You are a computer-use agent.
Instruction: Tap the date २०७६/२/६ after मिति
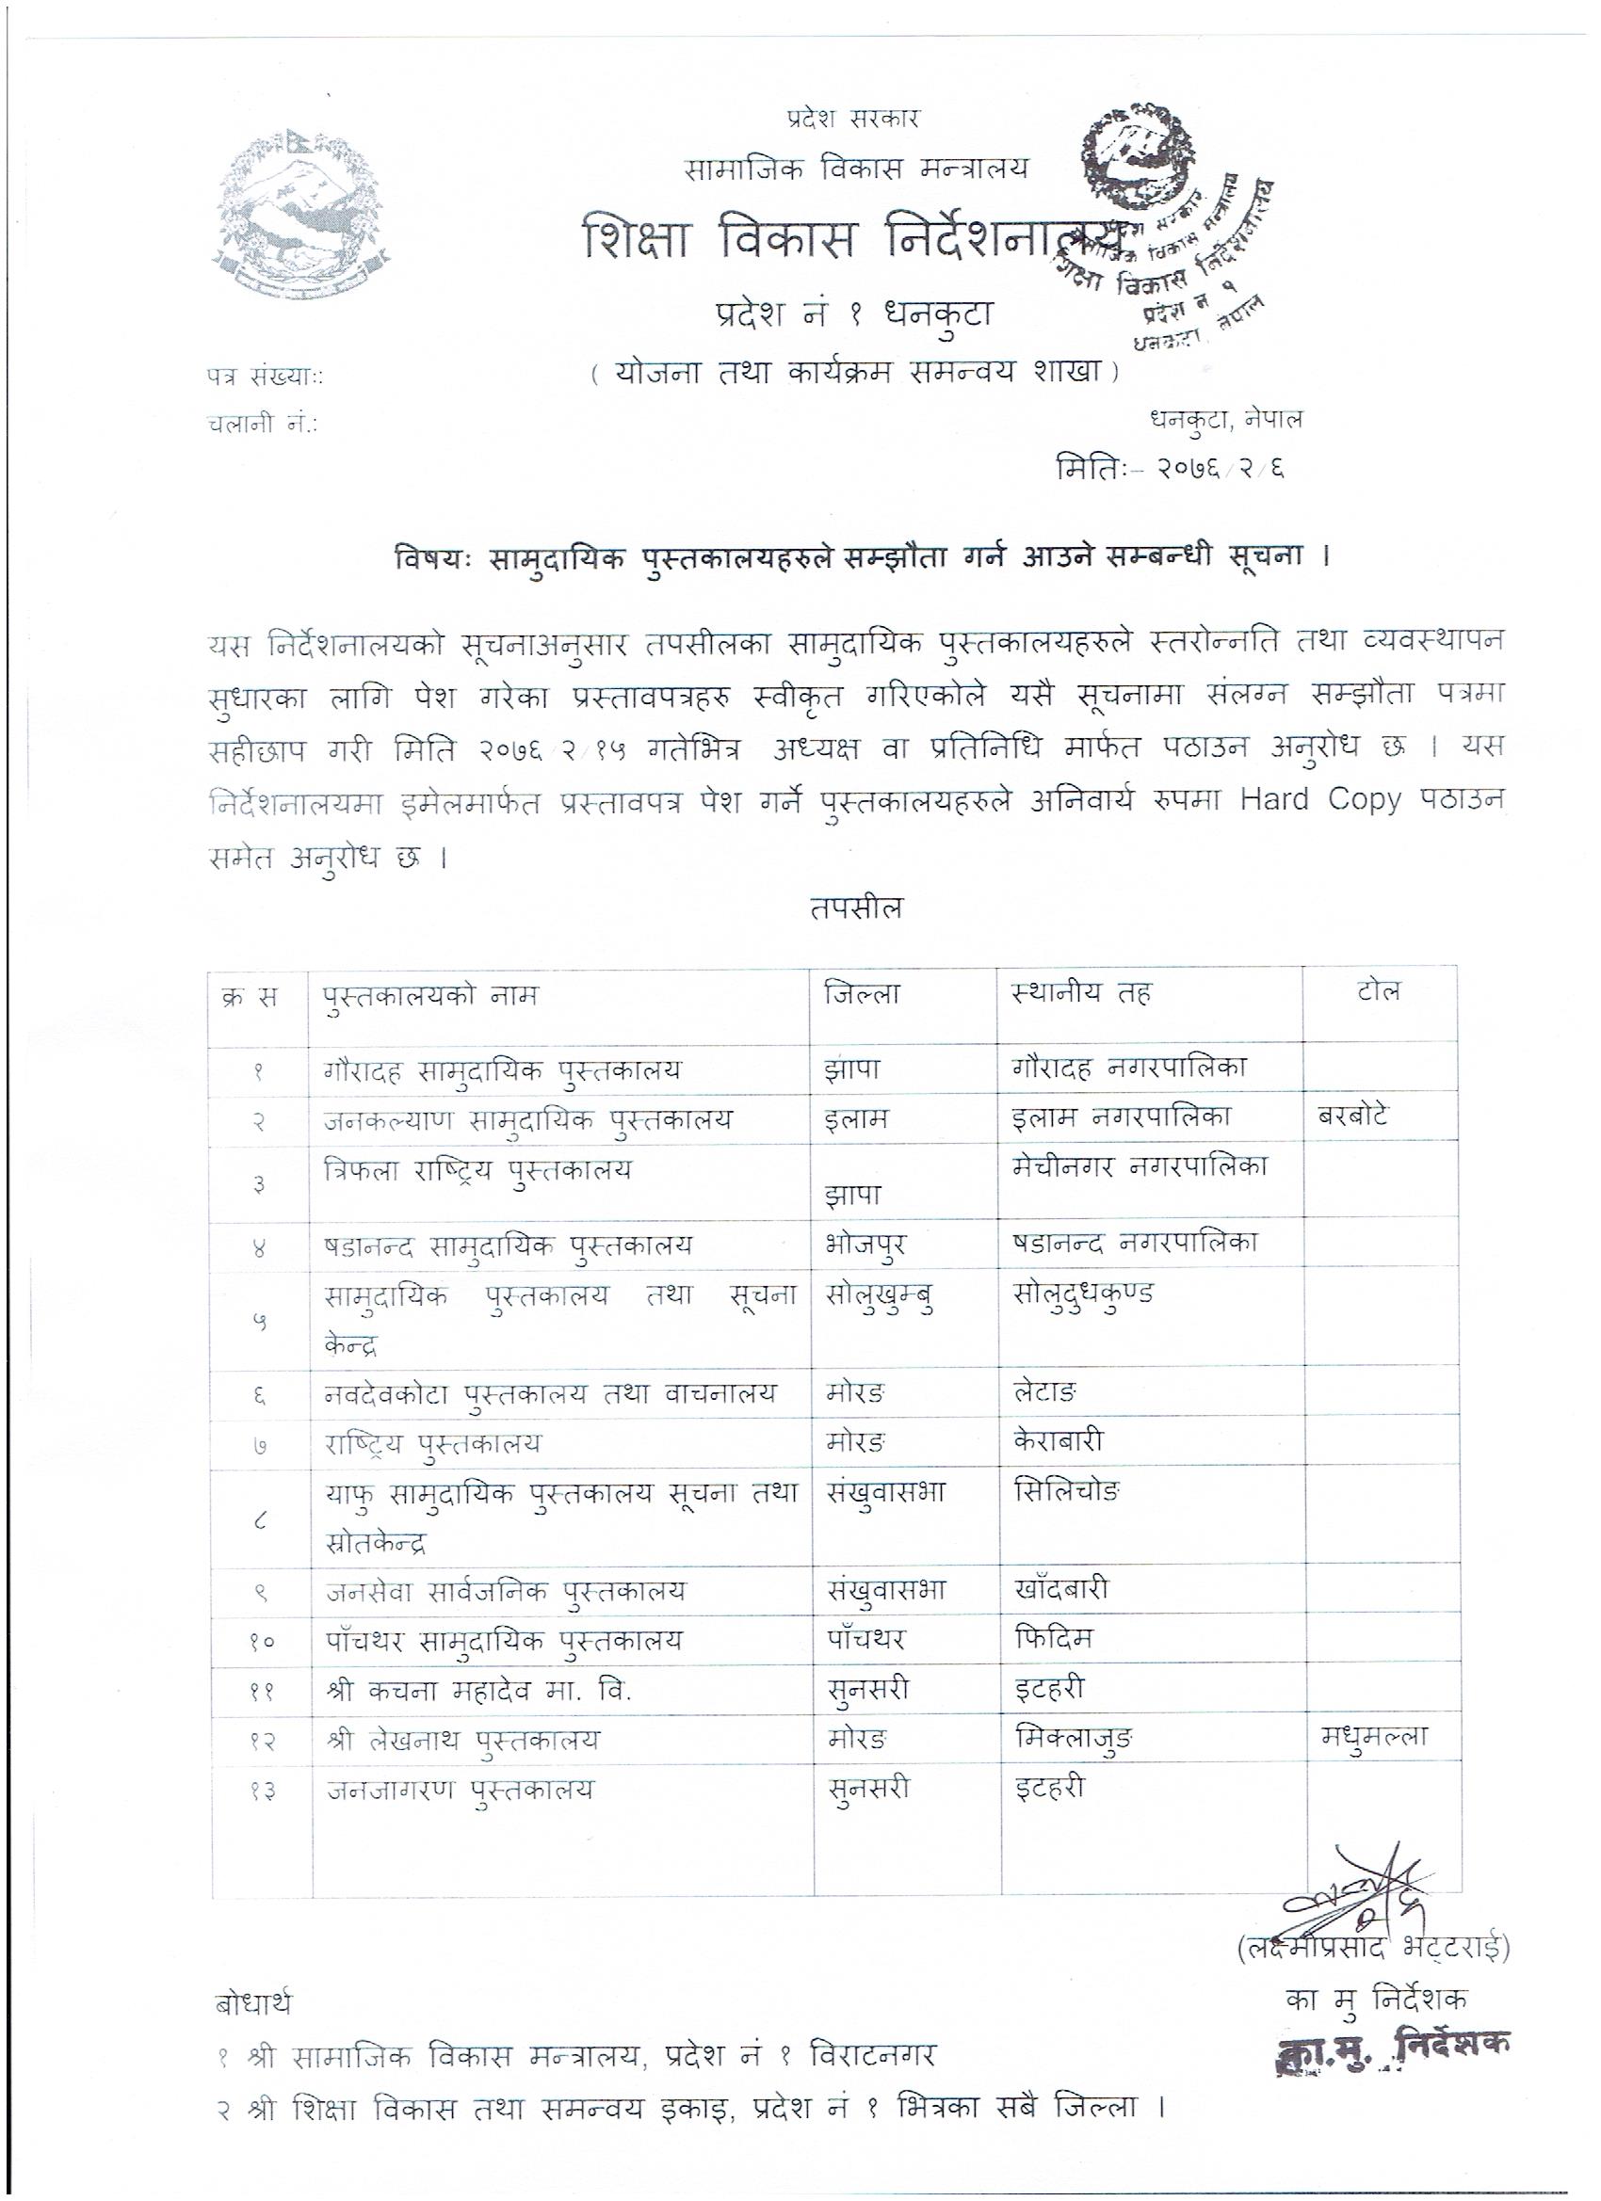1220,470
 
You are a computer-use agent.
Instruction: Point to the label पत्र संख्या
265,378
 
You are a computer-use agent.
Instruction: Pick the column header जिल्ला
861,994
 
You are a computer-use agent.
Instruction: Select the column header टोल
1379,991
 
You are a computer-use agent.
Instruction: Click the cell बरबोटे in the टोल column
1350,1116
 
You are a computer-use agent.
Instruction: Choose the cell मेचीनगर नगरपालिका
1138,1166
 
